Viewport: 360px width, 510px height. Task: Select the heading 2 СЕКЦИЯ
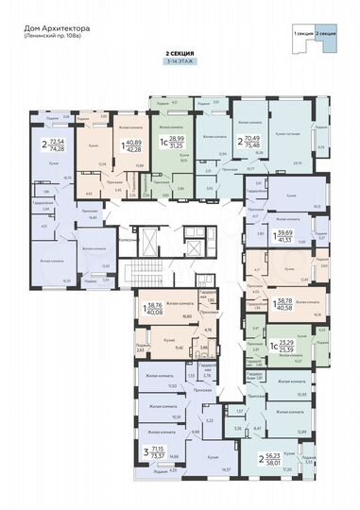click(180, 54)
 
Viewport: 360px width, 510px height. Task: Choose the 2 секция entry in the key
click(327, 33)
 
